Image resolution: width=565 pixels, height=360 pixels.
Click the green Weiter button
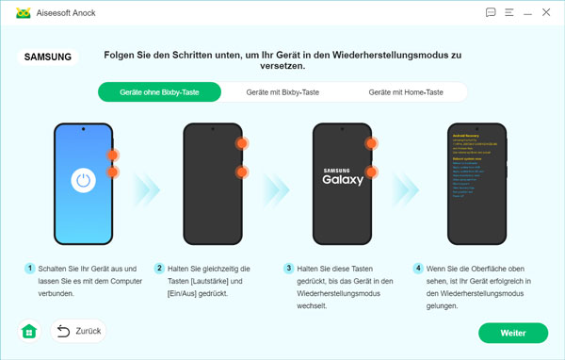click(x=512, y=333)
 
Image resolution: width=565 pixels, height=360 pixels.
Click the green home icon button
click(x=29, y=331)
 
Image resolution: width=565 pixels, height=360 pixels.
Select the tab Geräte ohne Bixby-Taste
click(x=159, y=92)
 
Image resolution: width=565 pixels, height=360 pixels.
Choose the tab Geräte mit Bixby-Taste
click(x=282, y=92)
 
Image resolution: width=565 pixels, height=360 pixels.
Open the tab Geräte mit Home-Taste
click(x=406, y=92)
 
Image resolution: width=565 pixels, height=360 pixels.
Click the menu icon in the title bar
click(x=509, y=13)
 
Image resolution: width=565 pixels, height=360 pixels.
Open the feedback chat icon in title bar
click(x=490, y=13)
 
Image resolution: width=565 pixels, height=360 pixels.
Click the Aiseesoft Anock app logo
click(x=14, y=13)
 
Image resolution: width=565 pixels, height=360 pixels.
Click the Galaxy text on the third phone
click(x=342, y=179)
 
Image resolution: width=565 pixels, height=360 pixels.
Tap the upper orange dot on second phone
click(x=242, y=143)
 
